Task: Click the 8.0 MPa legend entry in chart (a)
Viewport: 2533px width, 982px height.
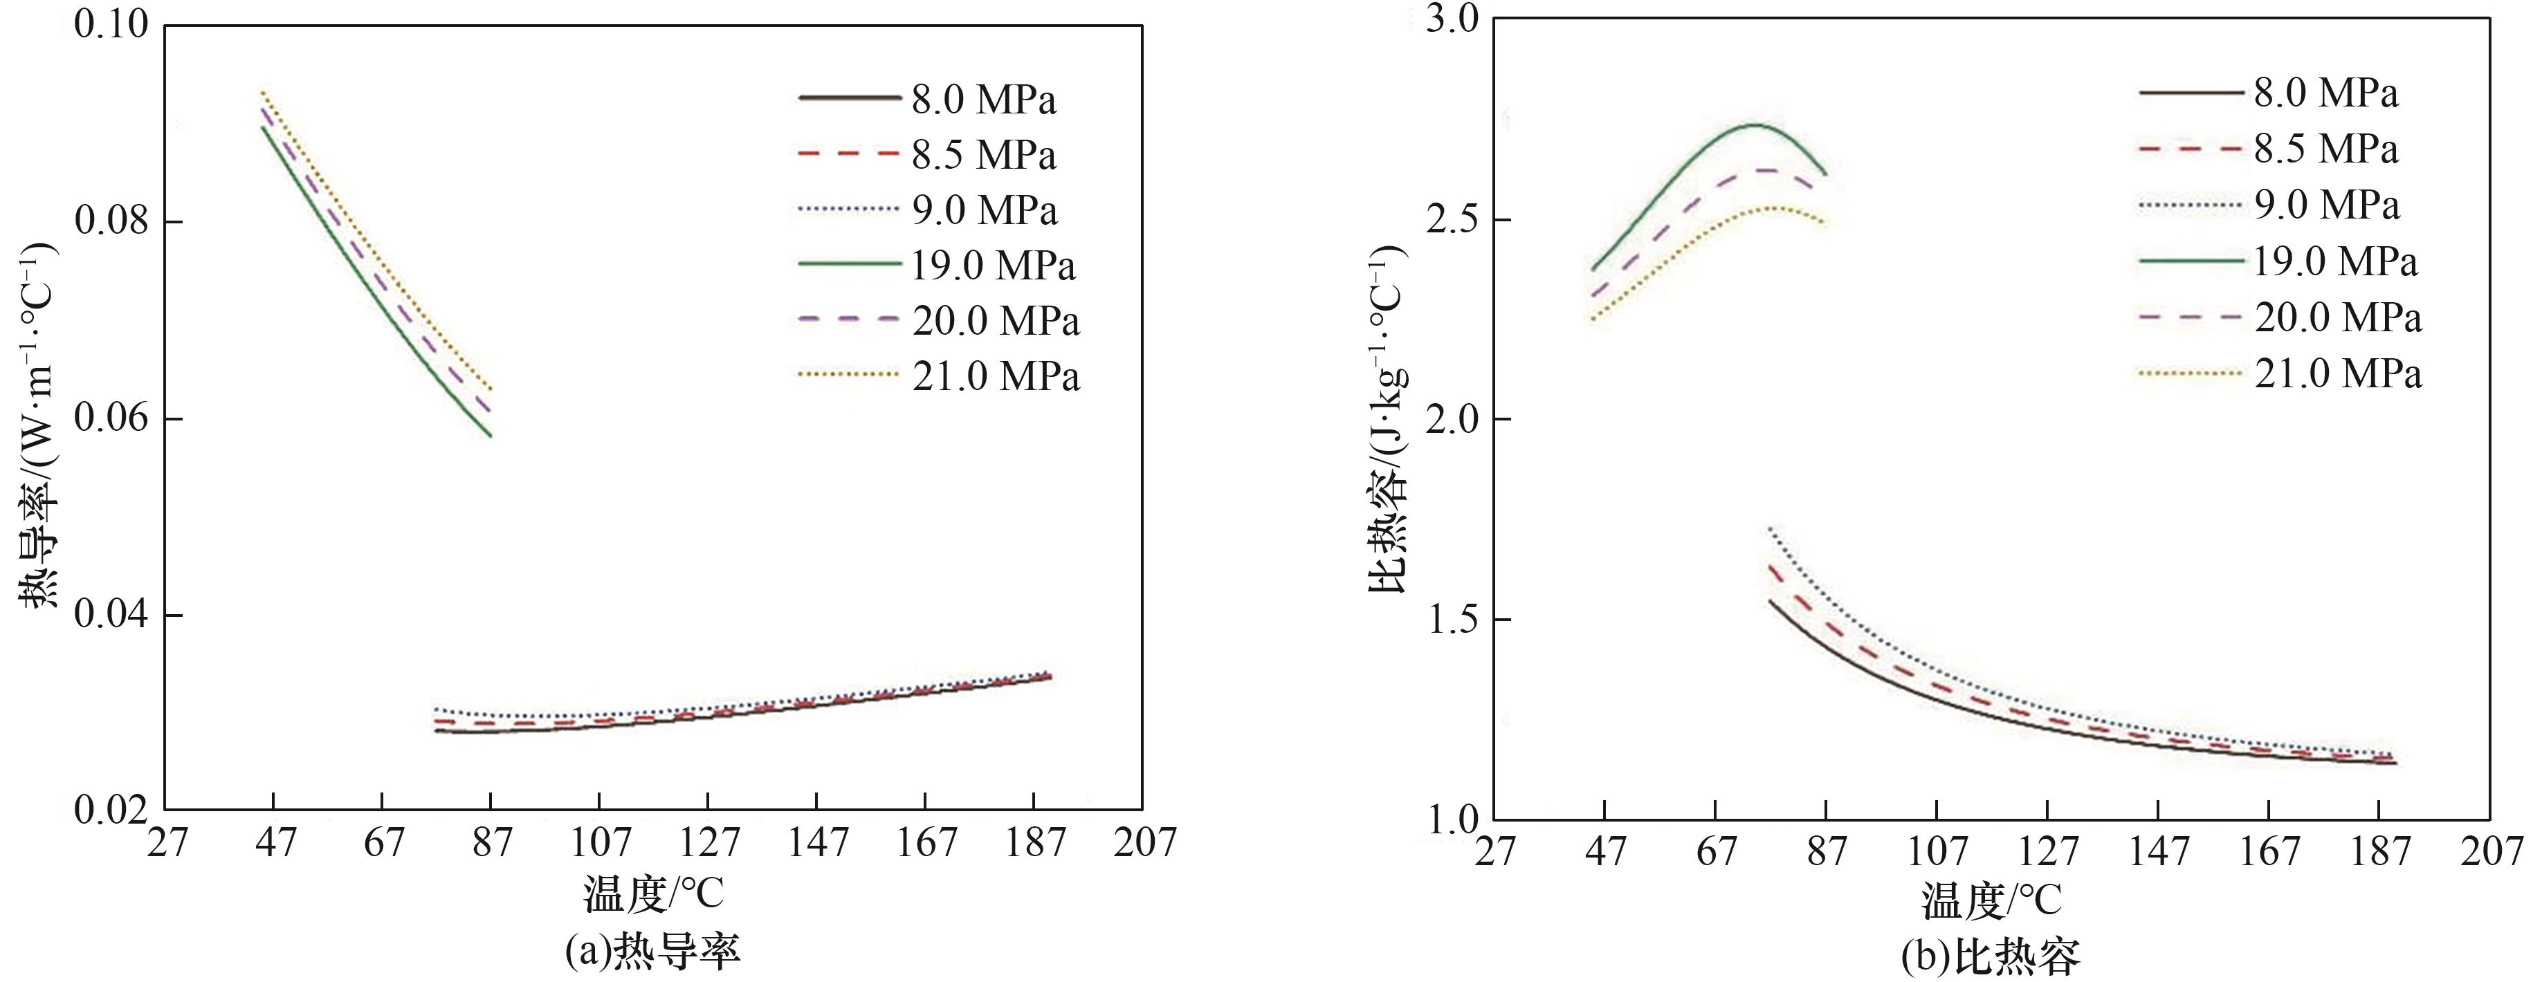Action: (983, 100)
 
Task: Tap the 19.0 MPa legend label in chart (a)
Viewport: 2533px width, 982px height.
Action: (993, 266)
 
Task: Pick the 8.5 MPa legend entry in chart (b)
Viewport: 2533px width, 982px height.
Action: (2325, 149)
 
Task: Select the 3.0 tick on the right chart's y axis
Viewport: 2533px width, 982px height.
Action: (1452, 21)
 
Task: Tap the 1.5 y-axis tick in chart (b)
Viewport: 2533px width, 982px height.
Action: (1452, 619)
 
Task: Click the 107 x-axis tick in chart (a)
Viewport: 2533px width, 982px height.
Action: (601, 842)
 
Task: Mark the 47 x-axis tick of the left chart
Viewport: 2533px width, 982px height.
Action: (275, 842)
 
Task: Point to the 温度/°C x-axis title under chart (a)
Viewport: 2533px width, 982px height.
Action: (653, 894)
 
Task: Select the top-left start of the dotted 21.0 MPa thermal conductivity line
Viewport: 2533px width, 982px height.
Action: (262, 93)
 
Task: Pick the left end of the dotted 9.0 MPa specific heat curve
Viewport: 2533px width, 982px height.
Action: (1770, 529)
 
